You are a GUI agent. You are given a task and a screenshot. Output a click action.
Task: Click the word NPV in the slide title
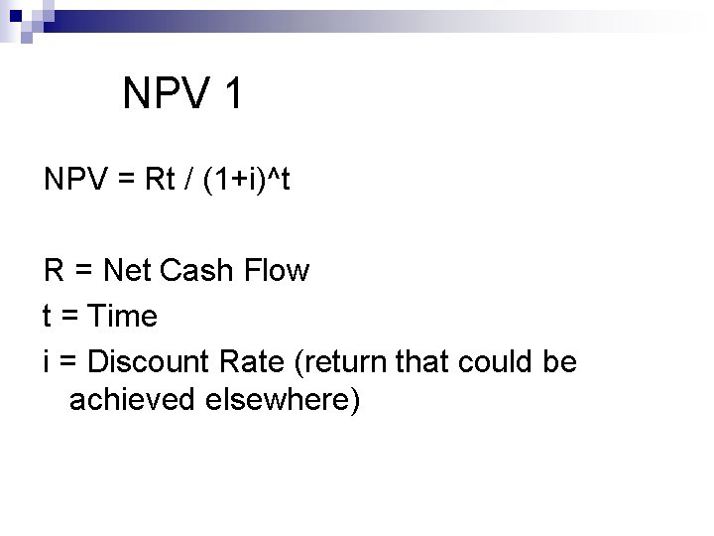pos(165,94)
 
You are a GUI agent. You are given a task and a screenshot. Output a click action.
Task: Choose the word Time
pos(122,317)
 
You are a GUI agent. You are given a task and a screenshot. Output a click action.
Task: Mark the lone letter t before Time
pos(48,317)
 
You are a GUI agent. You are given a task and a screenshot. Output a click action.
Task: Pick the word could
pos(491,362)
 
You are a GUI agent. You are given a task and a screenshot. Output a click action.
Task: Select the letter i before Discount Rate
pos(47,362)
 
